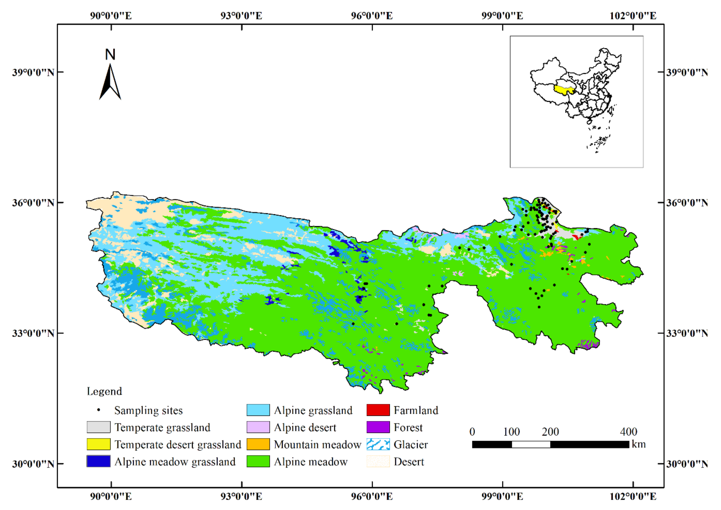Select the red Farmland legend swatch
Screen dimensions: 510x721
click(x=378, y=410)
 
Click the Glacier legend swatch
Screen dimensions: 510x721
click(x=378, y=444)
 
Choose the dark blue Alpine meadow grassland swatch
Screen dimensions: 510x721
click(x=99, y=461)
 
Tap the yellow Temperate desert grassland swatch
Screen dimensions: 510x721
click(x=99, y=444)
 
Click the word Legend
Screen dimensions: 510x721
click(x=104, y=391)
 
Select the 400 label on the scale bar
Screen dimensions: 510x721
click(x=628, y=432)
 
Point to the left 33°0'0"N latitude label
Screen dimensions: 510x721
click(x=33, y=333)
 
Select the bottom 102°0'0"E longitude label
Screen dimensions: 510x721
click(x=633, y=496)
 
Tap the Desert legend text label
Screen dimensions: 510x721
click(x=409, y=462)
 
